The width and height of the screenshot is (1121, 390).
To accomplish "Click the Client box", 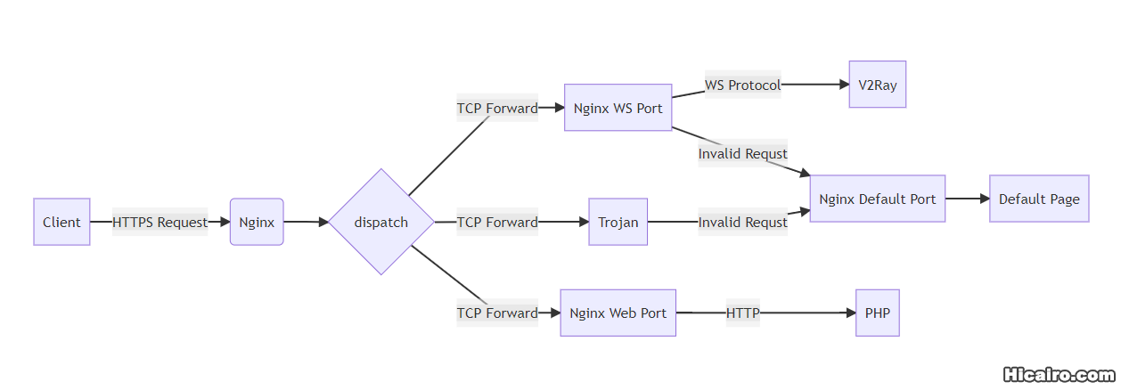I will [x=61, y=222].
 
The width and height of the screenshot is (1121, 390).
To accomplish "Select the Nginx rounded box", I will [x=257, y=222].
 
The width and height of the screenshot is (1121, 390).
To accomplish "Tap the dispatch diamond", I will [x=381, y=222].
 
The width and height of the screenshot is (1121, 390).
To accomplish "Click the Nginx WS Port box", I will [x=618, y=108].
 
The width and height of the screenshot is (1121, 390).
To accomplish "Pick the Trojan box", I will [x=618, y=222].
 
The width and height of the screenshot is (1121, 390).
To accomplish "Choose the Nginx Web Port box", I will [x=618, y=313].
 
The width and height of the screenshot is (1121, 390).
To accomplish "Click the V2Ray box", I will [x=877, y=85].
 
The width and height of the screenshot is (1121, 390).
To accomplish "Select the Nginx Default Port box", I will [x=877, y=199].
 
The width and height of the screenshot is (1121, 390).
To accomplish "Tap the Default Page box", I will [x=1038, y=199].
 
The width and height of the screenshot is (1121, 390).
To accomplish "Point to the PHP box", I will [x=877, y=313].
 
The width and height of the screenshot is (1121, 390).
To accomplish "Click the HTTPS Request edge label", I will [x=160, y=222].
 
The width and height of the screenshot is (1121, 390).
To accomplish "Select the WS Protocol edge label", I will [x=742, y=85].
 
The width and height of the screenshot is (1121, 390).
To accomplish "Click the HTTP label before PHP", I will [x=742, y=313].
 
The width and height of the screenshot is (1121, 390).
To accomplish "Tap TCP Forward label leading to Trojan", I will [x=497, y=222].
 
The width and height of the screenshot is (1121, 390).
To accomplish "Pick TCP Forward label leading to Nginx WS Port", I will [x=497, y=108].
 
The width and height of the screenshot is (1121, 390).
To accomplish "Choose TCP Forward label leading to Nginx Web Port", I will [x=497, y=313].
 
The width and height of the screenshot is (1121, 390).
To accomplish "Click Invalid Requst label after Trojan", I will [x=742, y=222].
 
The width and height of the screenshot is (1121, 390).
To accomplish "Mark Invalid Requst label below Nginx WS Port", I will [x=742, y=153].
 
